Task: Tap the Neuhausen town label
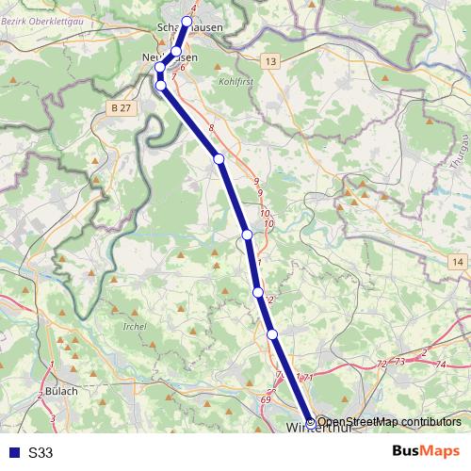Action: (170, 58)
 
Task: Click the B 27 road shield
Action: (119, 108)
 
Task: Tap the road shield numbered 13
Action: (271, 61)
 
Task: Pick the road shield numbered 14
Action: (458, 261)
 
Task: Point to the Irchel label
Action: (134, 326)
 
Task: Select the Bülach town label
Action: (61, 390)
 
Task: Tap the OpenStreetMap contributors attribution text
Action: (389, 422)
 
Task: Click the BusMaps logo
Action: (425, 452)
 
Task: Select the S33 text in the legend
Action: (41, 453)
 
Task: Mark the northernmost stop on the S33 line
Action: (187, 21)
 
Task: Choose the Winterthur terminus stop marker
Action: (311, 422)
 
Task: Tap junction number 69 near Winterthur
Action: (266, 400)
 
